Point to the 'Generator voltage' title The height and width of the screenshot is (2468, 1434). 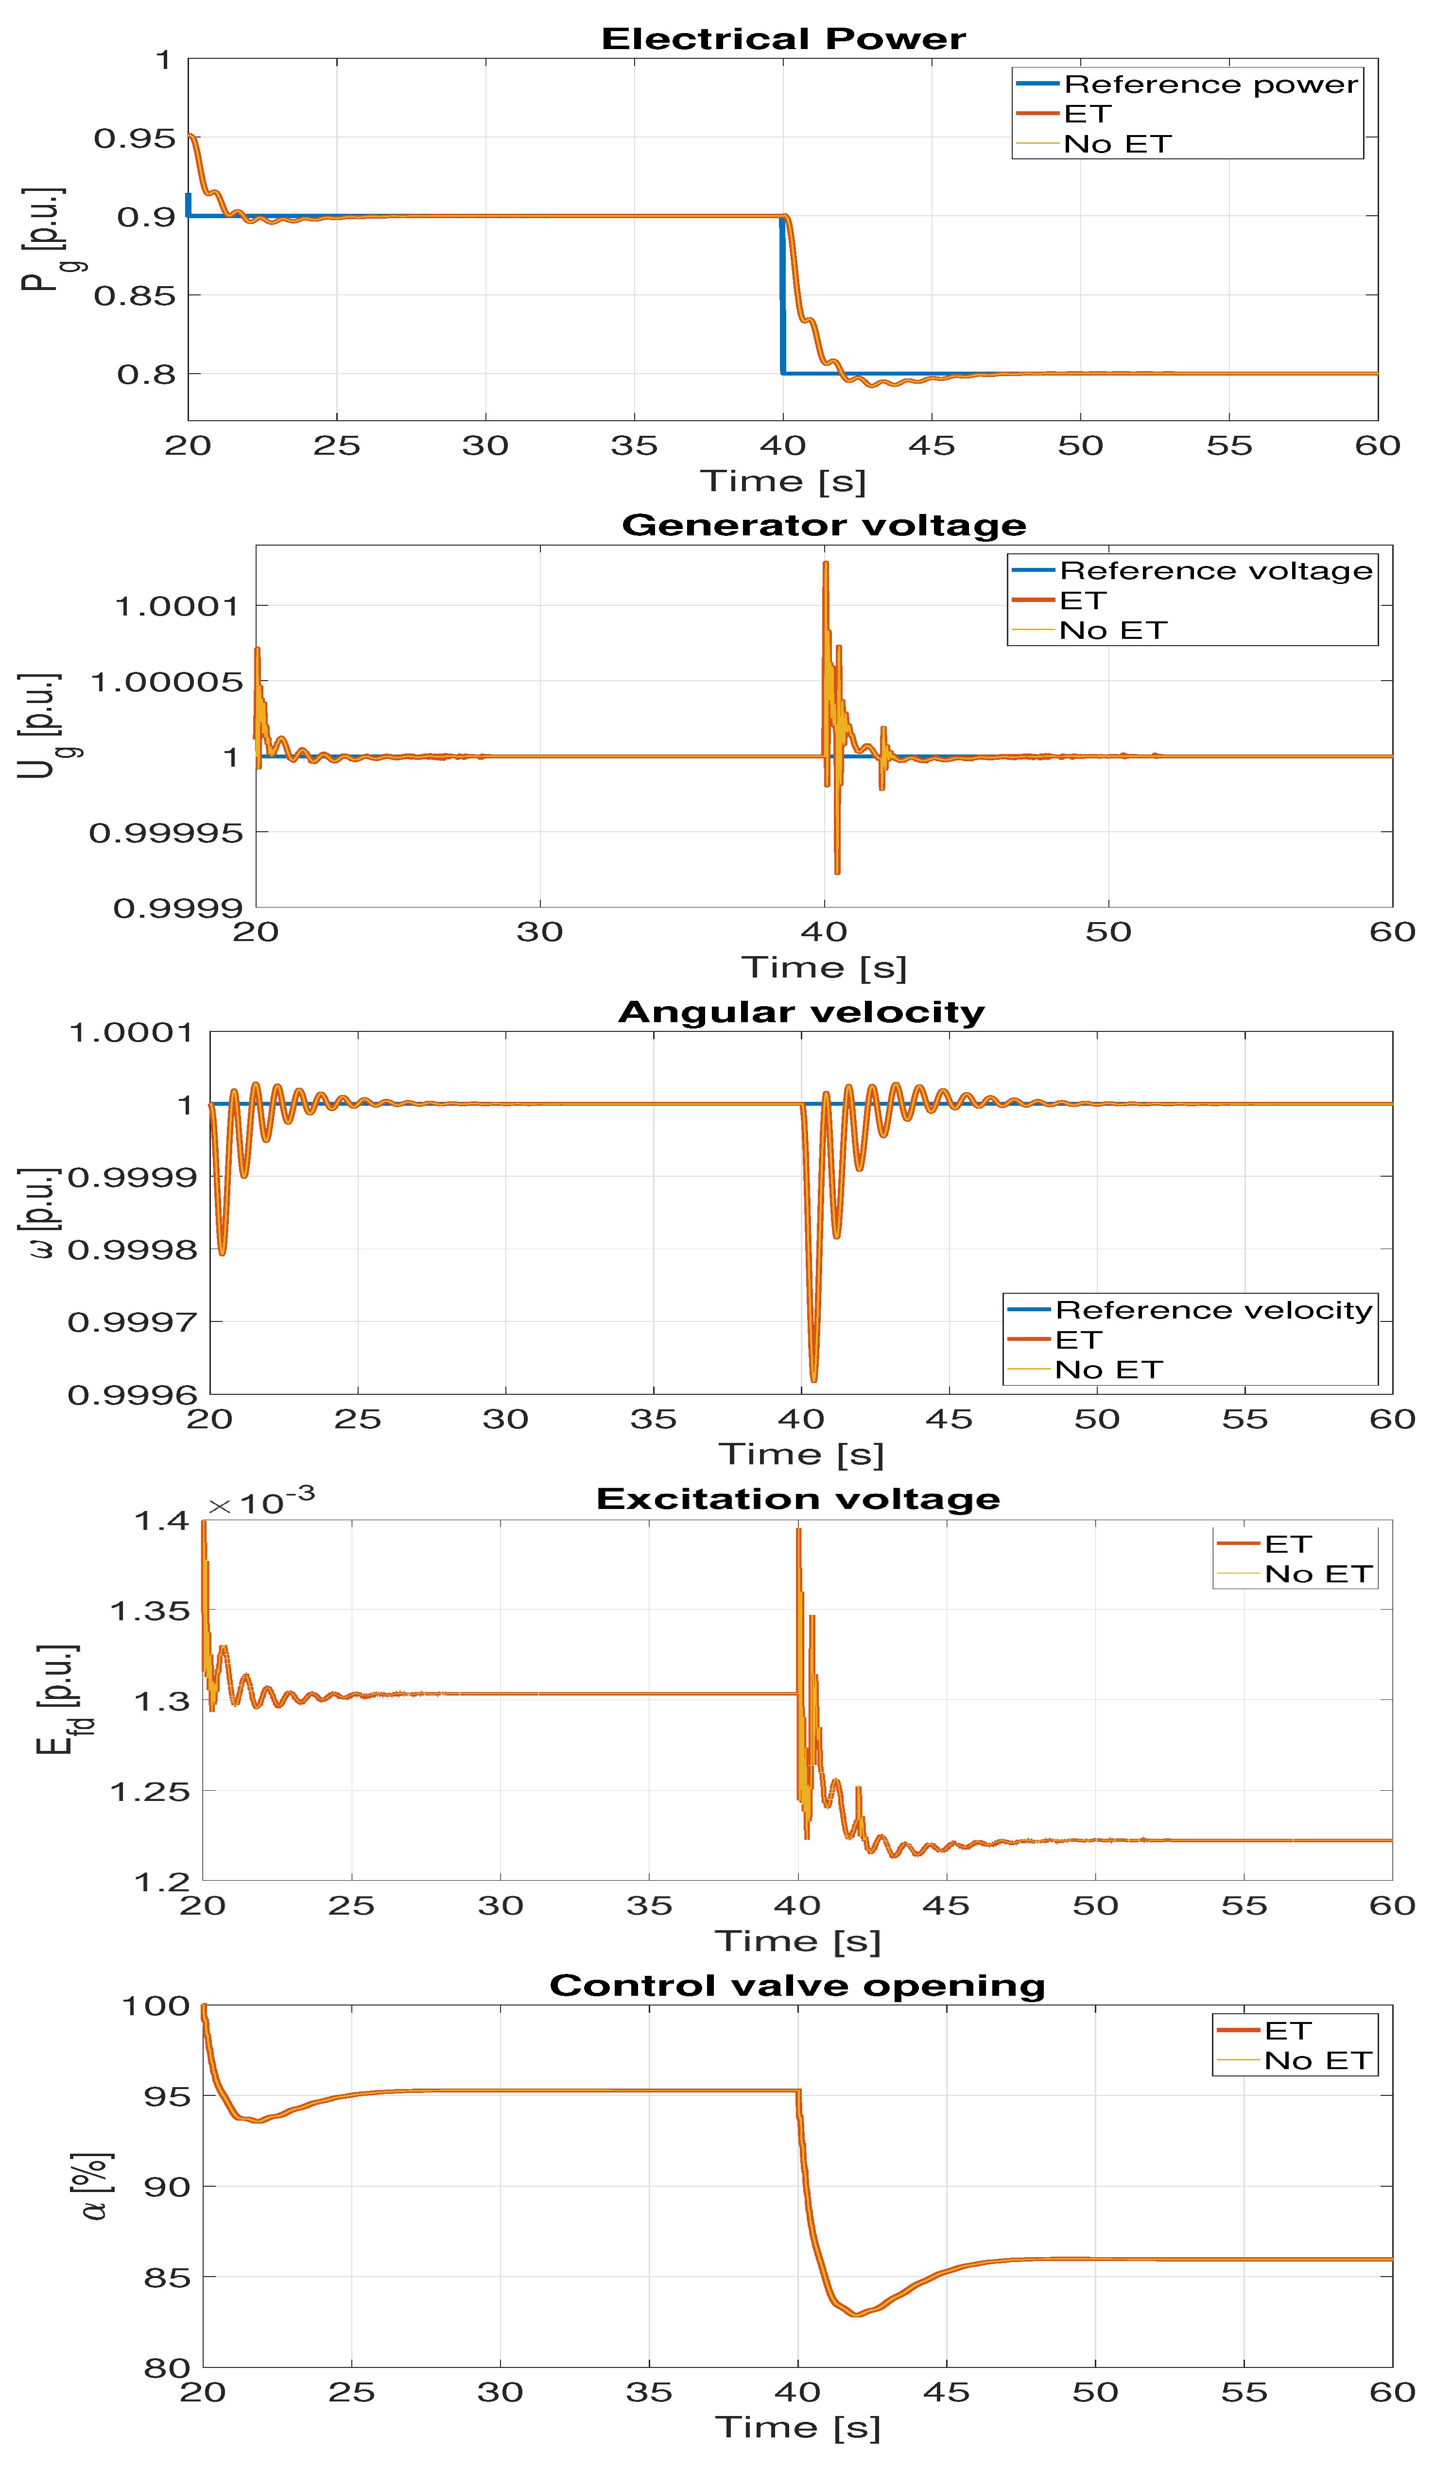(824, 526)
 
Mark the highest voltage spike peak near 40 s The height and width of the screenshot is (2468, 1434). (826, 563)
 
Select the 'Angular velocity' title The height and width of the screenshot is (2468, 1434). (801, 1012)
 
